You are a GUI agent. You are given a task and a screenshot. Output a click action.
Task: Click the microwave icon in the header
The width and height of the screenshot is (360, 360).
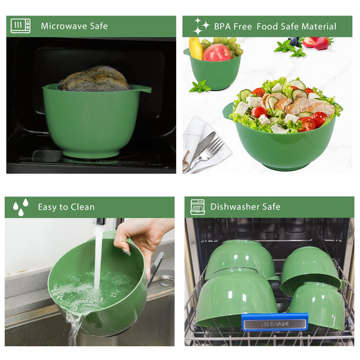coord(20,26)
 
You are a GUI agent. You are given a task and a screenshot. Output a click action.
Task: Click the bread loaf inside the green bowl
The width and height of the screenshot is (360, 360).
coord(94,79)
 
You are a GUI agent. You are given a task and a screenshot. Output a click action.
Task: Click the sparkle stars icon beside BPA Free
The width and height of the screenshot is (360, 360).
coord(201,26)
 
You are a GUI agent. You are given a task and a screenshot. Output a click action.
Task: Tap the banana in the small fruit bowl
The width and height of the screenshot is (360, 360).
coord(196,48)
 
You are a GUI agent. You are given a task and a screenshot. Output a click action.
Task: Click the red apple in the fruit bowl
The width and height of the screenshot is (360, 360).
coord(217,53)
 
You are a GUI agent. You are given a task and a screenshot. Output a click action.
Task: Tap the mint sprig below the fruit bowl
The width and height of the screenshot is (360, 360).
coord(200,87)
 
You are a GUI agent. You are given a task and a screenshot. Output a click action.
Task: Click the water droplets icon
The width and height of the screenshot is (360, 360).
coord(21,207)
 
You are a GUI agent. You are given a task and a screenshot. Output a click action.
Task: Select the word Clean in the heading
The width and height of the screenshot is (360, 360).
coord(82,207)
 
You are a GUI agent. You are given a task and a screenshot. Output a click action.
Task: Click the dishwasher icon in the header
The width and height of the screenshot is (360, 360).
coord(198,207)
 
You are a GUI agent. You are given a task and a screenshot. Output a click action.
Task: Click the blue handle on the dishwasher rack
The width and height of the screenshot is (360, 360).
coord(275,322)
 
